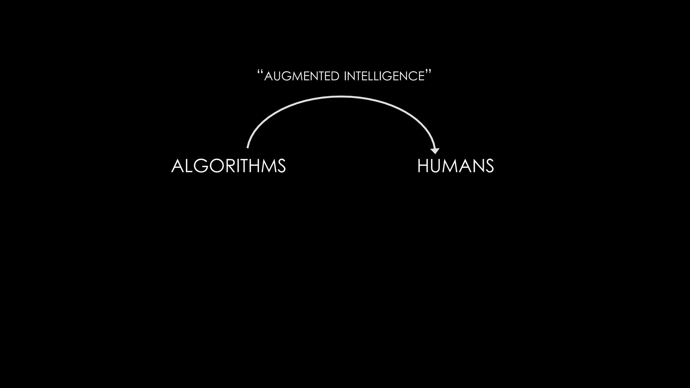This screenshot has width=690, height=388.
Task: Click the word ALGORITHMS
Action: [228, 166]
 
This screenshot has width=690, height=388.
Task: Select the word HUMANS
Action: [456, 166]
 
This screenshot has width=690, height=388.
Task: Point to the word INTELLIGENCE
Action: [384, 76]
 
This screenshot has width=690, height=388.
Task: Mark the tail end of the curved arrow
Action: [248, 147]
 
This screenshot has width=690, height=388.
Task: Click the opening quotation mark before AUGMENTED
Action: [260, 72]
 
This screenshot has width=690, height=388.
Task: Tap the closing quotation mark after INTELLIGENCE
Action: [428, 72]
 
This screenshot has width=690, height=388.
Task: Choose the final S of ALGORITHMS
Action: [282, 166]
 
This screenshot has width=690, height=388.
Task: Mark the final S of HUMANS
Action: [490, 166]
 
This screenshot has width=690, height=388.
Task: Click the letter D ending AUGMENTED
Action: [336, 76]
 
